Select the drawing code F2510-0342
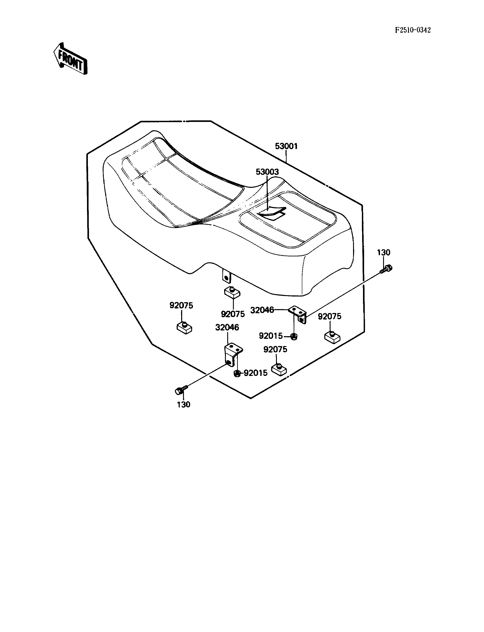click(413, 30)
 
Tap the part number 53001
click(286, 146)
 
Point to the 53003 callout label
click(267, 172)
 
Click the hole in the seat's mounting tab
click(227, 278)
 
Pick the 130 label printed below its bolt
click(183, 405)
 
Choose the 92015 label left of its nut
click(270, 336)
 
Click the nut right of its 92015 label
click(294, 336)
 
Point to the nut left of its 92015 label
click(237, 373)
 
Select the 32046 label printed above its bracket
click(227, 327)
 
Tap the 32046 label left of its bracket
click(262, 310)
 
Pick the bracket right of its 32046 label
click(299, 314)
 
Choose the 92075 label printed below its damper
click(233, 314)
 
